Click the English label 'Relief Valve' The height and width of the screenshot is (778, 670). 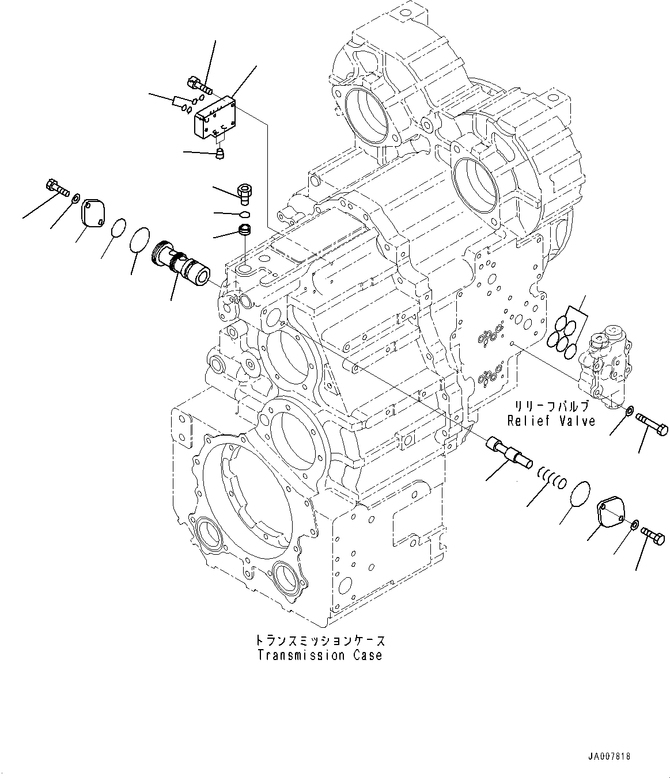click(551, 421)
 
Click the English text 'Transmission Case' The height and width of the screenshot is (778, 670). click(320, 655)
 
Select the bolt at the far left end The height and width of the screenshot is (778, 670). click(55, 187)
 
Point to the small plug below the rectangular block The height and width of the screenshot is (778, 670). click(219, 153)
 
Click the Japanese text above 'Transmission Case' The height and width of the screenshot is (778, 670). click(320, 640)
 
